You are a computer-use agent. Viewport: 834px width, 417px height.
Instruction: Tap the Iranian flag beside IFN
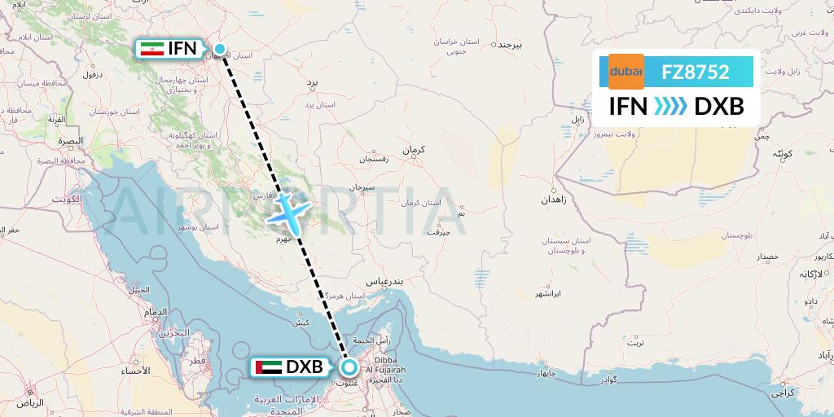(149, 49)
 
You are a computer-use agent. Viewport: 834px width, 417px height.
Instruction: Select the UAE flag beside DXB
(268, 368)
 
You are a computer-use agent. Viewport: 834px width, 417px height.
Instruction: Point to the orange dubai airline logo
(626, 72)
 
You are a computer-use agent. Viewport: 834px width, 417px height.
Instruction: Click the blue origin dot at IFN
(219, 49)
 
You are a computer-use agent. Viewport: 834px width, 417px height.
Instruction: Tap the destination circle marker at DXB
(349, 367)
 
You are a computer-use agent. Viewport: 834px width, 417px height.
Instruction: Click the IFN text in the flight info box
(629, 106)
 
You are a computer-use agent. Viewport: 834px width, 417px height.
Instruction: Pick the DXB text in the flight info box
(719, 106)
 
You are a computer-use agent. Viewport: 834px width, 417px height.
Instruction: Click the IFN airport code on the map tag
(182, 49)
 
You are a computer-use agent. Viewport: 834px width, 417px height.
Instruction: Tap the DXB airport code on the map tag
(304, 368)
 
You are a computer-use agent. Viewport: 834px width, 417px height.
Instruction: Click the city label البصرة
(71, 141)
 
